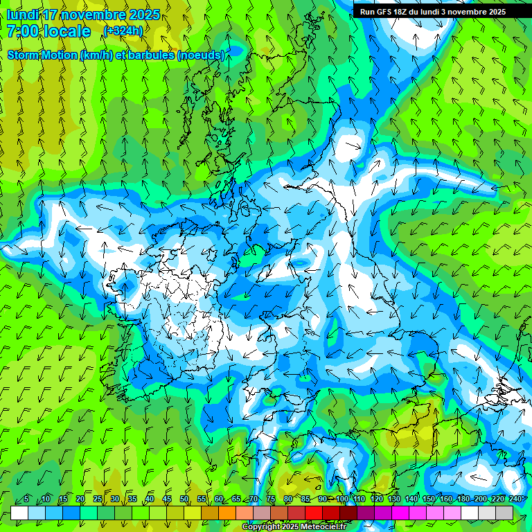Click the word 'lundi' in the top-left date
[x=23, y=15]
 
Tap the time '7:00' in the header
[x=24, y=31]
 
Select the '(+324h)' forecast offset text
[x=123, y=31]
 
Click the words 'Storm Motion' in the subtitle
[x=42, y=55]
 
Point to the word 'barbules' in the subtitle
[x=143, y=55]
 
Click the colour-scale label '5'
[x=26, y=499]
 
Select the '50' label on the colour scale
[x=184, y=499]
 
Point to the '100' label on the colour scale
[x=342, y=499]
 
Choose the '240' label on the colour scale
[x=515, y=499]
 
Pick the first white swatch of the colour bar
[x=19, y=513]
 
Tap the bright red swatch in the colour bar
[x=314, y=513]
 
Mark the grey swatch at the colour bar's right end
[x=504, y=513]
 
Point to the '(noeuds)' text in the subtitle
[x=200, y=55]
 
